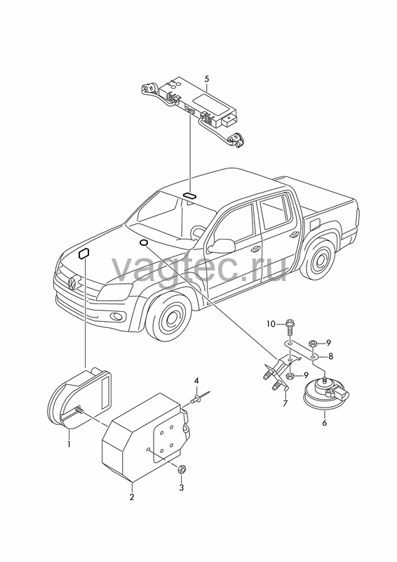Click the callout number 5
(x=206, y=79)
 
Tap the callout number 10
(x=271, y=324)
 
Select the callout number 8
(x=330, y=356)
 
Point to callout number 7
(x=285, y=403)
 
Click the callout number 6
(x=324, y=423)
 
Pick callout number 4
(x=196, y=380)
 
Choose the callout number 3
(x=181, y=488)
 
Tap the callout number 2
(x=132, y=497)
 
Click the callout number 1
(x=69, y=445)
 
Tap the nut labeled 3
(x=182, y=468)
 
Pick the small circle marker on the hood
(x=143, y=242)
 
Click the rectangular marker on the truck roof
(x=189, y=195)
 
